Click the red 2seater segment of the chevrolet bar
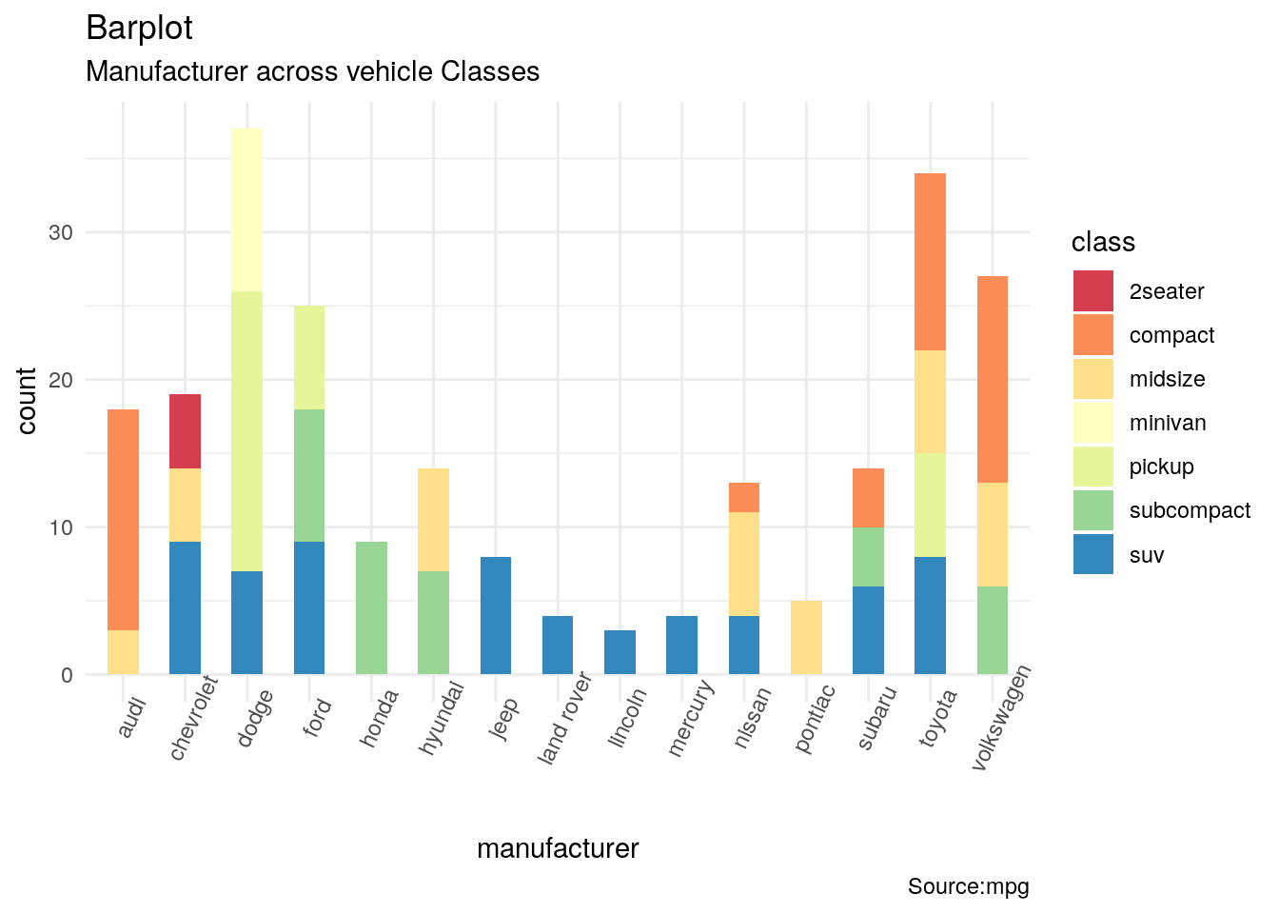click(x=185, y=430)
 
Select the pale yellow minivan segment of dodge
click(x=246, y=209)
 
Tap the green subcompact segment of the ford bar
click(x=309, y=475)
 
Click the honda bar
click(x=371, y=607)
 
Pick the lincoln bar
click(x=620, y=652)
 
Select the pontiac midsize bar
click(x=806, y=637)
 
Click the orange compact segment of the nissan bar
click(x=744, y=497)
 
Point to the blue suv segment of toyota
click(x=930, y=615)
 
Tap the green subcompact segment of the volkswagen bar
click(x=993, y=630)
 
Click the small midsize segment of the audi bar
click(x=123, y=652)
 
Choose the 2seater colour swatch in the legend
click(x=1092, y=291)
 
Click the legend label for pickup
click(x=1161, y=467)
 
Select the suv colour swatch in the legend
click(x=1092, y=555)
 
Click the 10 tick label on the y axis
click(x=61, y=527)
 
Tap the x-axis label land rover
click(x=565, y=720)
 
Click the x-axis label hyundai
click(x=442, y=718)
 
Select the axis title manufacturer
click(x=558, y=848)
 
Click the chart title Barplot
click(x=139, y=29)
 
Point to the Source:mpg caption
click(x=968, y=886)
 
